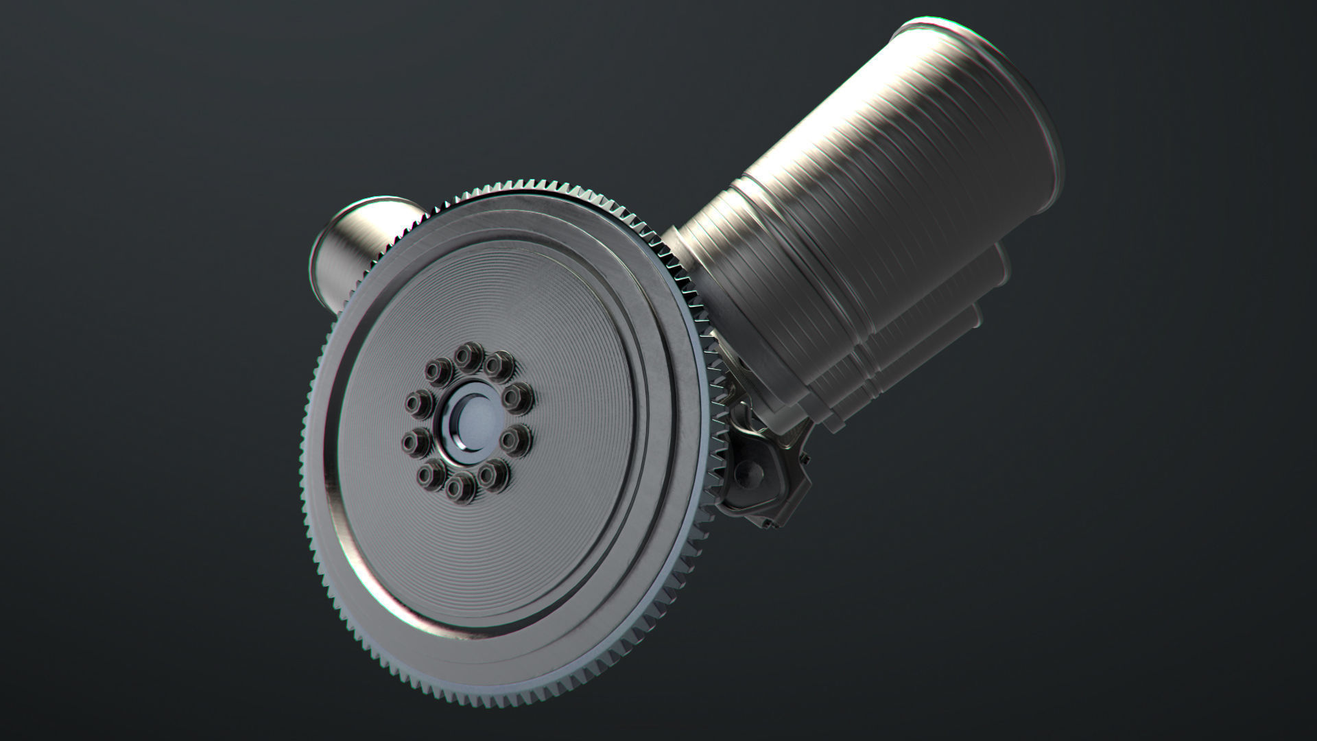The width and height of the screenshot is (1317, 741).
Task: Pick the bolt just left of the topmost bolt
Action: [439, 371]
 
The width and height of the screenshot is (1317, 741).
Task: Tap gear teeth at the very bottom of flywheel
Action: [480, 686]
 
